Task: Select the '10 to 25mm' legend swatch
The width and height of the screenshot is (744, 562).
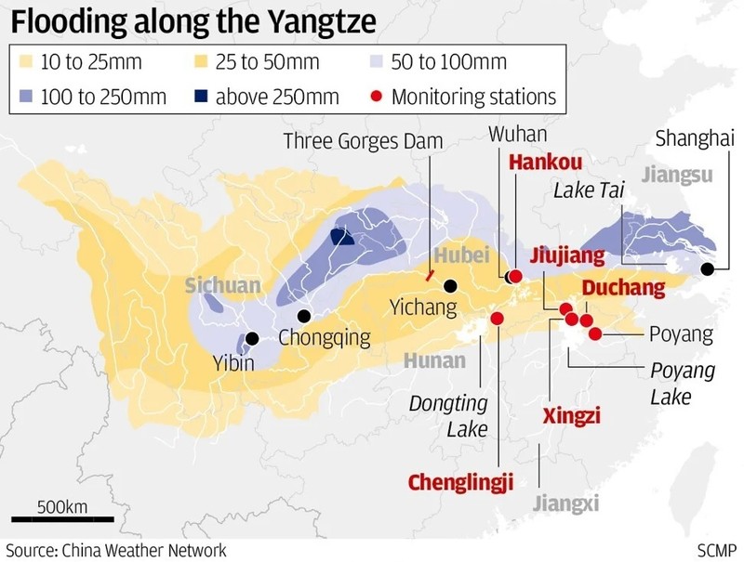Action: (x=28, y=63)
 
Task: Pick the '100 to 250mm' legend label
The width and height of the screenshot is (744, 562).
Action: (x=104, y=96)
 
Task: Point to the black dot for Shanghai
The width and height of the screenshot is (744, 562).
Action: (x=708, y=269)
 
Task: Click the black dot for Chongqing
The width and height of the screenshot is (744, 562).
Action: (x=303, y=316)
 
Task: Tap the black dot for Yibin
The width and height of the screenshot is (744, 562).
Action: (x=251, y=339)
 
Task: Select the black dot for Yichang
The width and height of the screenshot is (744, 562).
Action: (x=451, y=286)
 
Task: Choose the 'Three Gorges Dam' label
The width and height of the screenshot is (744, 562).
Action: (x=363, y=141)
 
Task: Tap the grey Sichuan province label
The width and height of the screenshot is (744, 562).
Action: (x=222, y=285)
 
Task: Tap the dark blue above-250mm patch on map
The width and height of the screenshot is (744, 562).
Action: (x=342, y=237)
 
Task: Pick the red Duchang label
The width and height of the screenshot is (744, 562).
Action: (x=624, y=287)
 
